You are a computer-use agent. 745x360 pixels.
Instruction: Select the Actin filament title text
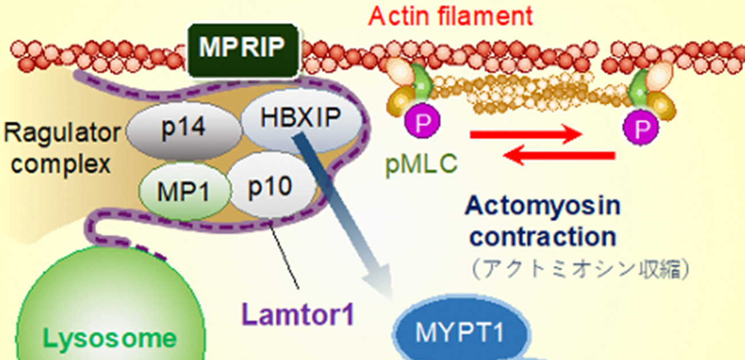[x=450, y=15]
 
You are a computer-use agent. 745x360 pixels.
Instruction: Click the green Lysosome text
[x=110, y=338]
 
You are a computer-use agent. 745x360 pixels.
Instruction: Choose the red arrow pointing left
[x=559, y=155]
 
